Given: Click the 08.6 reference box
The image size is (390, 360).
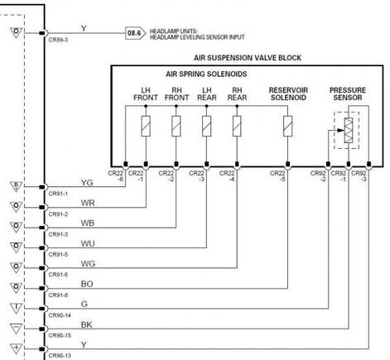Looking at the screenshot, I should tap(133, 34).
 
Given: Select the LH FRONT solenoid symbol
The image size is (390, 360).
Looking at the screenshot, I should tap(146, 127).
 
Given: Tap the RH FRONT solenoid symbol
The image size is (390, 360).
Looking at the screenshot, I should tap(176, 127).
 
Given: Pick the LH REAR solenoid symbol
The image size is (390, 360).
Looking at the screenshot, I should tap(207, 127).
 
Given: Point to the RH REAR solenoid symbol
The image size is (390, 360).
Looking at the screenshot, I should tap(238, 127).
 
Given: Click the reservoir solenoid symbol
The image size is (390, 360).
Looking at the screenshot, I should tap(286, 127).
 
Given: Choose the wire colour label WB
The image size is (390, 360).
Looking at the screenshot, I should tap(87, 223).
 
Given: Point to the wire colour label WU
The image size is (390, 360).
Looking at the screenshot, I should tap(87, 244).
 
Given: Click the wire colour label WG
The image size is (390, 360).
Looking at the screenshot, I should tap(87, 264).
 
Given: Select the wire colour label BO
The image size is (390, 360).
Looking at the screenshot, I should tap(87, 284).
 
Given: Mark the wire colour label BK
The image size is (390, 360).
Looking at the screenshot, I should tap(87, 324).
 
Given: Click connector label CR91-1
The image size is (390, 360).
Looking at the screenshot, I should tap(58, 194).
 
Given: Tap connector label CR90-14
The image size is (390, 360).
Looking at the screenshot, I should tap(60, 315).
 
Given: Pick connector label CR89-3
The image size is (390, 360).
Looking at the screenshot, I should tap(58, 39).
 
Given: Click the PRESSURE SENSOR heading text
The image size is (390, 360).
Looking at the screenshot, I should tap(348, 93).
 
